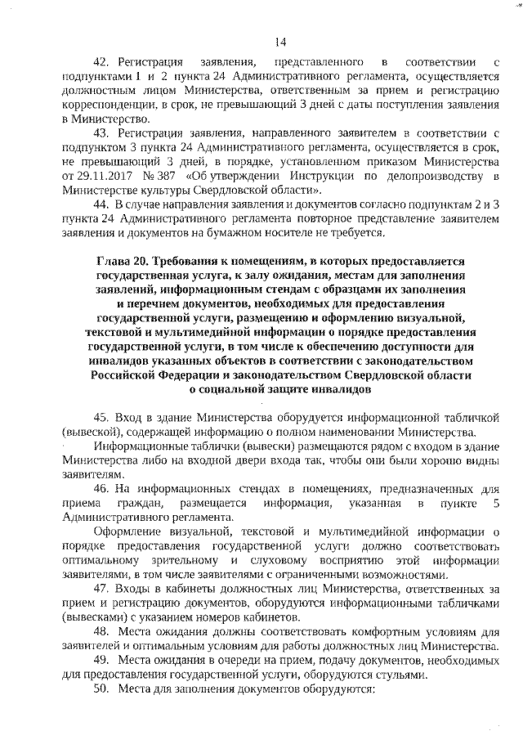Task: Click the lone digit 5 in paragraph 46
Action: pos(495,504)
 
